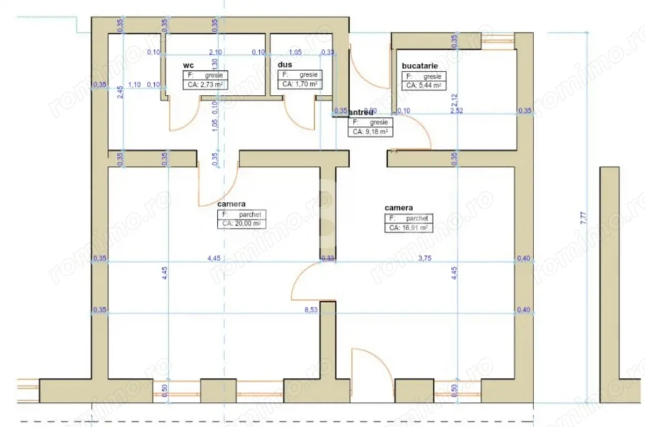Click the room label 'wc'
[x=188, y=65]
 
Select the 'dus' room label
[x=285, y=65]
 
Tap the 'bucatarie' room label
[x=421, y=66]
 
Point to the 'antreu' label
[x=362, y=112]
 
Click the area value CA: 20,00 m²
[x=242, y=224]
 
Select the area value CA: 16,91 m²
[x=408, y=228]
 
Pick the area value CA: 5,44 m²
[x=423, y=84]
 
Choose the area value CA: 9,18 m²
[x=370, y=131]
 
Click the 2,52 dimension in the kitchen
[x=456, y=111]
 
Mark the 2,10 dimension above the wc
[x=215, y=52]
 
